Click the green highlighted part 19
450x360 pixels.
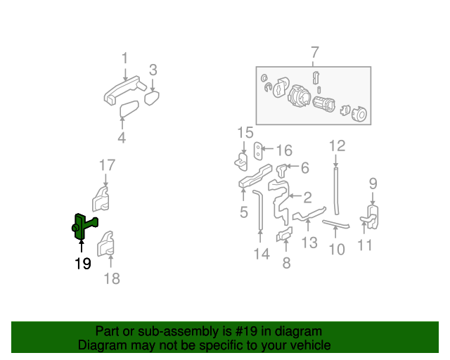(x=84, y=226)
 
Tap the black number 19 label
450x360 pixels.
(x=83, y=264)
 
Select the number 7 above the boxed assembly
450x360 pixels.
(x=314, y=53)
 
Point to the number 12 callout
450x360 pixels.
(x=337, y=146)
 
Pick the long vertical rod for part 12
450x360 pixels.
(x=336, y=190)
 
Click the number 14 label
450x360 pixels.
(x=262, y=254)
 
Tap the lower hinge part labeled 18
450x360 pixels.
(x=108, y=243)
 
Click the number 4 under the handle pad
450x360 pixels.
(x=122, y=138)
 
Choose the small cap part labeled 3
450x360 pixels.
(x=153, y=96)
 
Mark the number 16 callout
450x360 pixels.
(x=283, y=150)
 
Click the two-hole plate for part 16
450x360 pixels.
(x=259, y=150)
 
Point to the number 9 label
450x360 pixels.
(x=373, y=184)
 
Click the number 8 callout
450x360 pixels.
(x=286, y=263)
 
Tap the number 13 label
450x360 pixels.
(x=309, y=243)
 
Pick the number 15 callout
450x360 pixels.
(x=245, y=132)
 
